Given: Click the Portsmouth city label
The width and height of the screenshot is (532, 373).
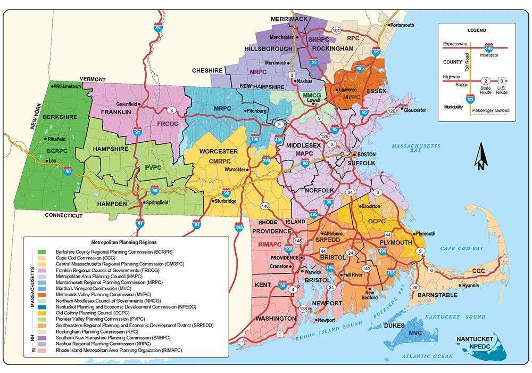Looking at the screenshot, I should (402, 25).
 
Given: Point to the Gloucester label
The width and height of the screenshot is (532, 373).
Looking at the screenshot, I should (415, 110).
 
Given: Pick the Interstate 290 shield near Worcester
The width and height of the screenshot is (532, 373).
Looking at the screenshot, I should (266, 160).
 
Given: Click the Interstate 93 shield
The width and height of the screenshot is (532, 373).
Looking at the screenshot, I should (314, 62).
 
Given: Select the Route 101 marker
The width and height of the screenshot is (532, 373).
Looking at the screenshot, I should (336, 31).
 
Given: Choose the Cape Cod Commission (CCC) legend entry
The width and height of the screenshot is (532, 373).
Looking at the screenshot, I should (78, 257).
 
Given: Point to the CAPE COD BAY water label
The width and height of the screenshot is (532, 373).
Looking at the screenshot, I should (461, 248).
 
